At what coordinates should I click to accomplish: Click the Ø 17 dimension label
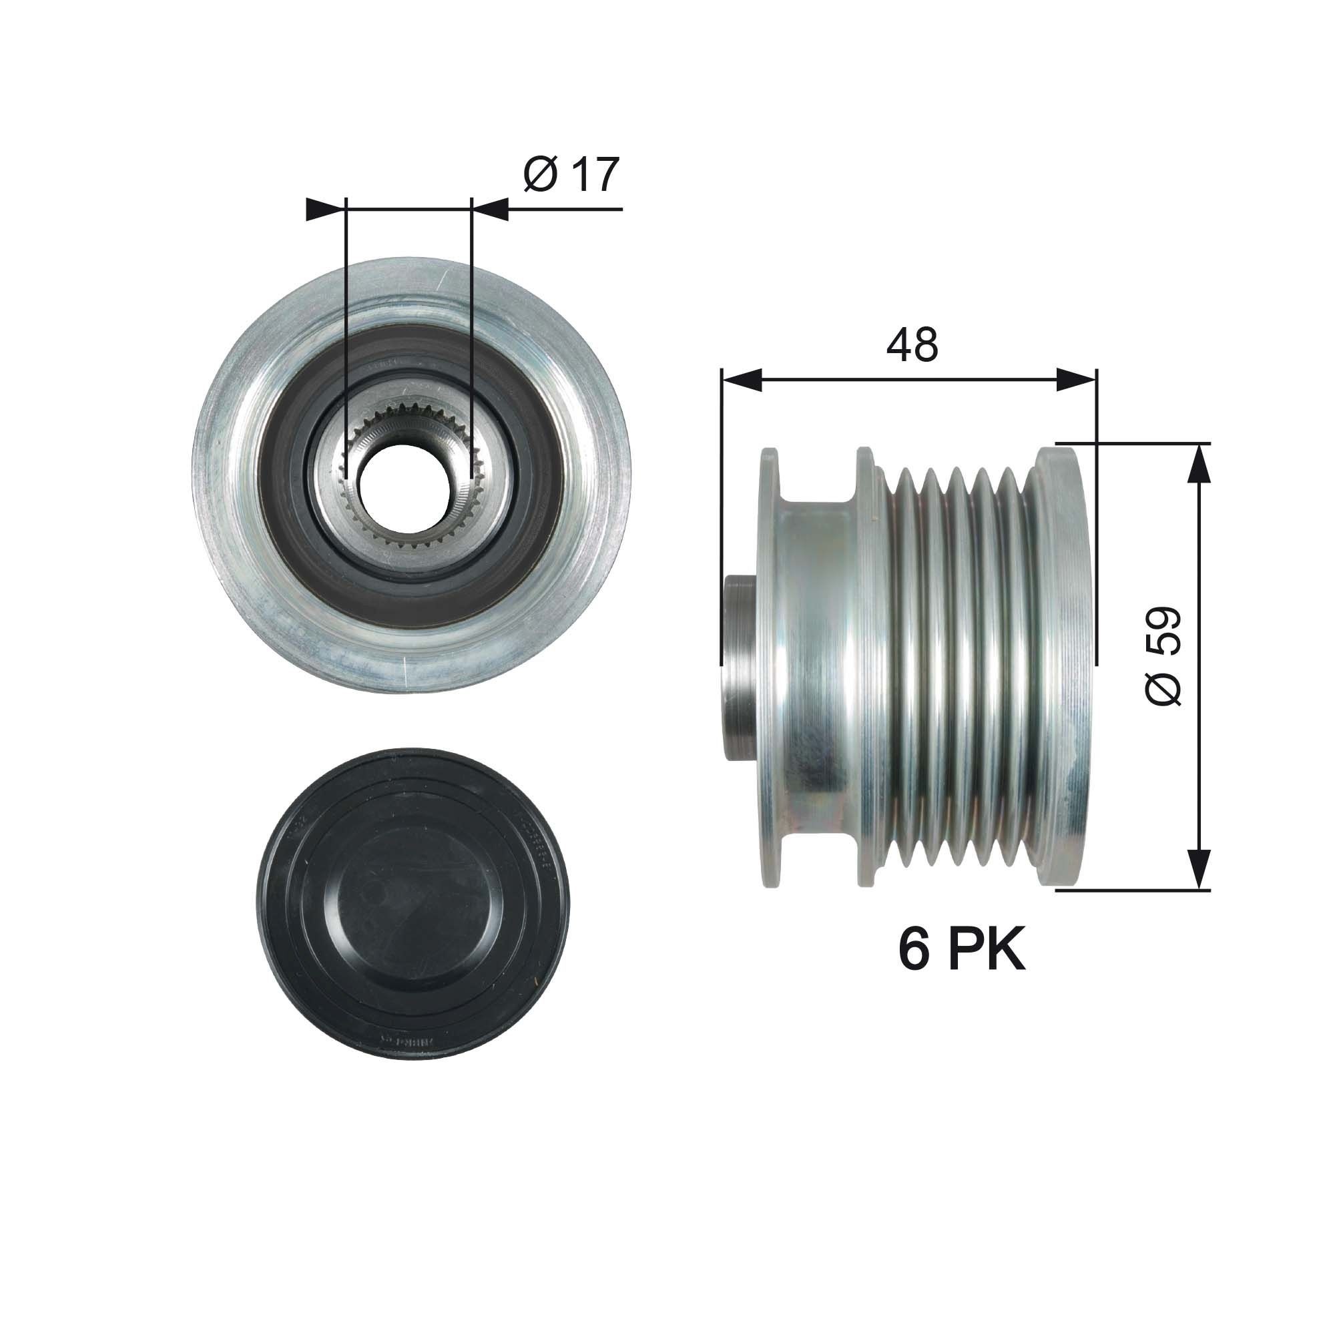[x=571, y=175]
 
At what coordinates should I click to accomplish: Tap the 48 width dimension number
[x=912, y=345]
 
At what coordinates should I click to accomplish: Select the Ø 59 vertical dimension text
[x=1163, y=655]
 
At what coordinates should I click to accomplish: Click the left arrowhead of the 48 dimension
[x=741, y=380]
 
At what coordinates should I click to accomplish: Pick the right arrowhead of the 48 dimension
[x=1077, y=380]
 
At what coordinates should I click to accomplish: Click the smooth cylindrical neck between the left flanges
[x=816, y=667]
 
